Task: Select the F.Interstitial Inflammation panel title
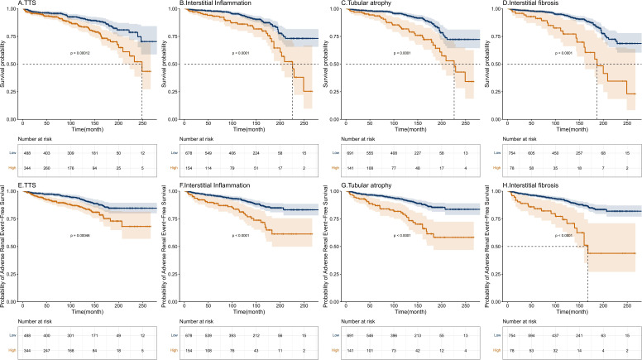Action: pos(205,185)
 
